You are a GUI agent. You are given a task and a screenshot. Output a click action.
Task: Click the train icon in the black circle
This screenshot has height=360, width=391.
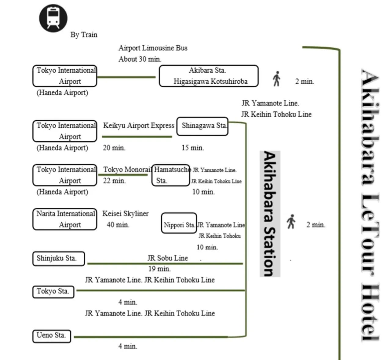click(x=53, y=18)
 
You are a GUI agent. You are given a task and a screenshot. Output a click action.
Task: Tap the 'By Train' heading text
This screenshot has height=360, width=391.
click(x=84, y=35)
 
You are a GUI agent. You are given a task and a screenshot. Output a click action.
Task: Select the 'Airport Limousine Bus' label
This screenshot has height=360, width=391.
click(x=153, y=48)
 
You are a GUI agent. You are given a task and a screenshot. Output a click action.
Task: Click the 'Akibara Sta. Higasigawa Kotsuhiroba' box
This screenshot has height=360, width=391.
click(x=209, y=76)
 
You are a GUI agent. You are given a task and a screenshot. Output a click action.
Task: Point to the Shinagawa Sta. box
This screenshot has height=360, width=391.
click(x=202, y=126)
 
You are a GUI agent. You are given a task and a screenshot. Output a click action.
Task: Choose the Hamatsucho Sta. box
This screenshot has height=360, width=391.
click(x=170, y=175)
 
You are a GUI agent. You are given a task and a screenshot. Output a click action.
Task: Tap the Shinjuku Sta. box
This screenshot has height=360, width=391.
click(x=58, y=258)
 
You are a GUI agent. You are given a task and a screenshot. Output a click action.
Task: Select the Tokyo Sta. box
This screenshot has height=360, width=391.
click(x=53, y=292)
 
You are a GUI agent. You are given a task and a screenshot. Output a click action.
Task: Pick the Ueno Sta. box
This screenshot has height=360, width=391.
click(x=52, y=336)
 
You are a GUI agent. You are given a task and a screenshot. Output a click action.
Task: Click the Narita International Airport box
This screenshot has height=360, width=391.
click(x=65, y=219)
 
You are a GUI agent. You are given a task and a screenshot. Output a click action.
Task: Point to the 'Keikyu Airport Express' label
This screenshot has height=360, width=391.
click(x=138, y=125)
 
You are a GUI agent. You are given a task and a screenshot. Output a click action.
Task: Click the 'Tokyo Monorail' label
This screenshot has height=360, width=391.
click(x=127, y=169)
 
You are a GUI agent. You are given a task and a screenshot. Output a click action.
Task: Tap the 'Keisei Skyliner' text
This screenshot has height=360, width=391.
click(x=125, y=214)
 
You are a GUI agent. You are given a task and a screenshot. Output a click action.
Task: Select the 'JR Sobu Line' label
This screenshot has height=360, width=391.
click(x=167, y=258)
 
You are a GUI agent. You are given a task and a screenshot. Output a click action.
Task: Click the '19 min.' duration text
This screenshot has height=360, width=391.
click(x=159, y=269)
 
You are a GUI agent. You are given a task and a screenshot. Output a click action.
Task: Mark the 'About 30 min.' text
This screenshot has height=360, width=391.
click(x=140, y=59)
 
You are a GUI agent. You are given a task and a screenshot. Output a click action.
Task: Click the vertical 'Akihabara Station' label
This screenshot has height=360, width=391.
click(x=270, y=214)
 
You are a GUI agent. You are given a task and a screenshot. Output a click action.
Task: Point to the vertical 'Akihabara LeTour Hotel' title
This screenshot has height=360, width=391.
click(x=370, y=205)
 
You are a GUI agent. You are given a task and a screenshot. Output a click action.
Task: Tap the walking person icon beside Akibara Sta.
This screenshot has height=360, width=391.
click(x=276, y=79)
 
